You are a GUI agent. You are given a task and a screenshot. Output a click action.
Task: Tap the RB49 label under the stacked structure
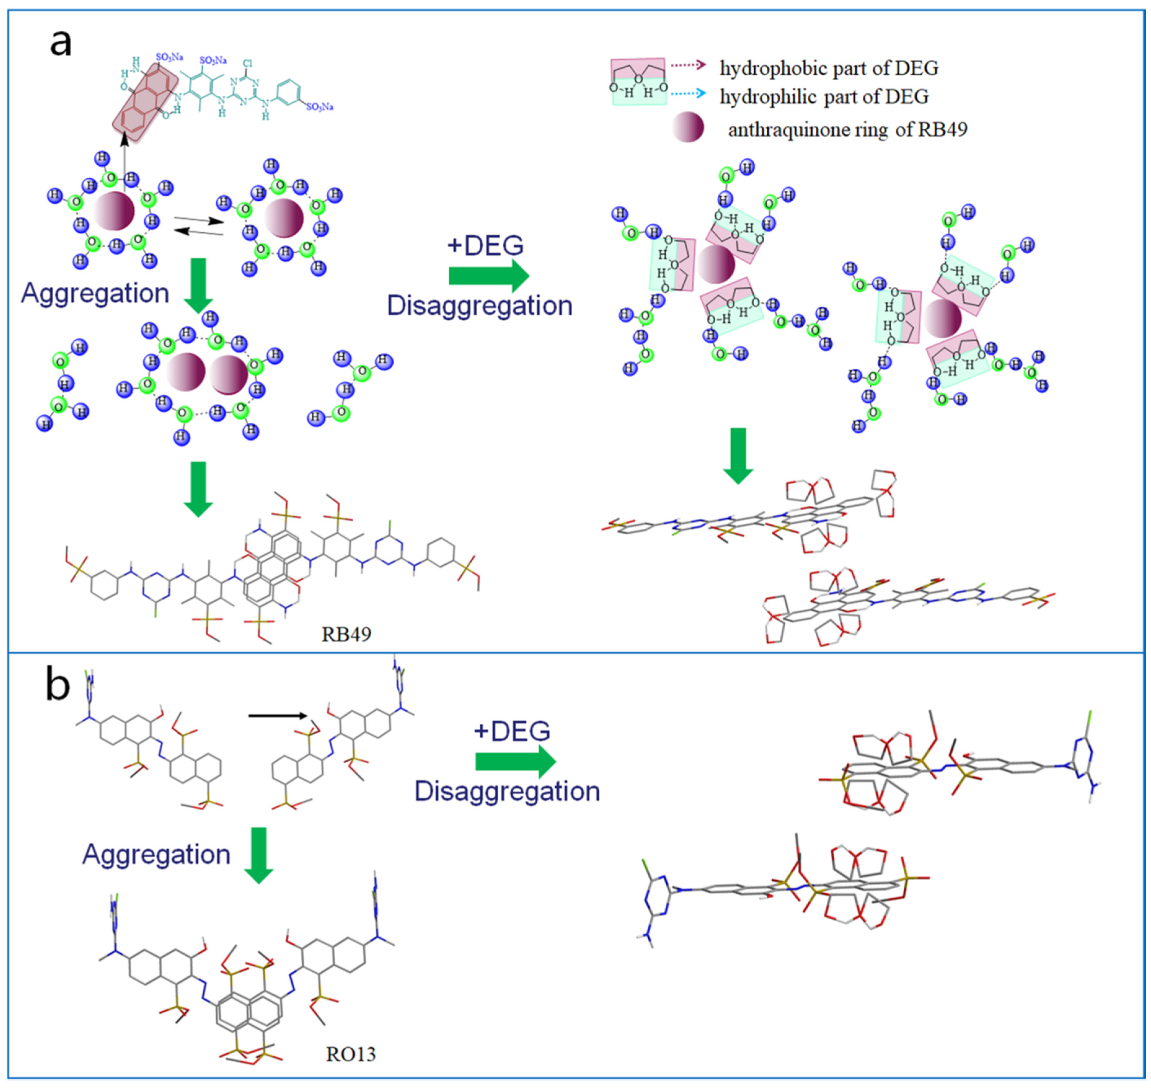346,634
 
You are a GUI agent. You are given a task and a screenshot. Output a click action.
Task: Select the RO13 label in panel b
351,1053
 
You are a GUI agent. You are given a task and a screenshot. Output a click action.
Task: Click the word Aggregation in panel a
95,293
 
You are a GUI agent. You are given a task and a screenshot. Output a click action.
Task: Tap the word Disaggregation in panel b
507,791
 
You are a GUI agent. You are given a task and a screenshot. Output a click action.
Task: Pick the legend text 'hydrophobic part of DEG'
829,69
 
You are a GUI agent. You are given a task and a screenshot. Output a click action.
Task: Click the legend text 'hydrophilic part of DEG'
824,96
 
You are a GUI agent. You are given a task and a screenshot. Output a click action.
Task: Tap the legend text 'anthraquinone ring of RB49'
847,129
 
